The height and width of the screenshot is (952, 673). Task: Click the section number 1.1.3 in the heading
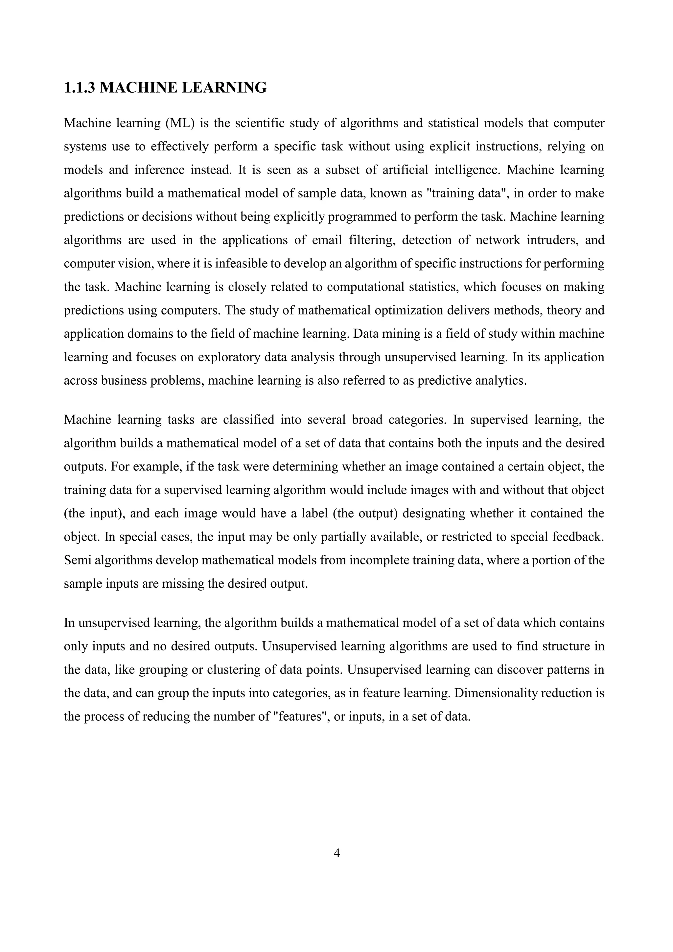(80, 88)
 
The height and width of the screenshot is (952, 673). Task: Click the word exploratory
(222, 357)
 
